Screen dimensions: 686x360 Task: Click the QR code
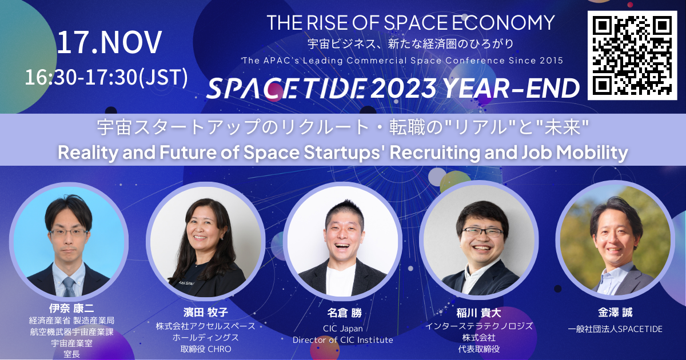pos(632,55)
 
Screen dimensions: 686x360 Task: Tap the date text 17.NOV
pos(109,42)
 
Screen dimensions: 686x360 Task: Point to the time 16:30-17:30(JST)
pos(106,77)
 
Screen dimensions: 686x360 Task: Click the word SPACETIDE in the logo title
pos(286,88)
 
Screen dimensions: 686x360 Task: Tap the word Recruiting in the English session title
pos(435,153)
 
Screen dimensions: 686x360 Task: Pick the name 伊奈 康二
pos(71,308)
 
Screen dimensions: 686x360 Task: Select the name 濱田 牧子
pos(206,312)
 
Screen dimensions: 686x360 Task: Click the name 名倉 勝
pos(344,313)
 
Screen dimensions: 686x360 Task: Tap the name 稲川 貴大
pos(478,313)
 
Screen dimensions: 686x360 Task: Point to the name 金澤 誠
pos(615,312)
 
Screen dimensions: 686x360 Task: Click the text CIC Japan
pos(343,329)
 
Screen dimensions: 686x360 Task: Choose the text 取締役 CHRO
pos(206,349)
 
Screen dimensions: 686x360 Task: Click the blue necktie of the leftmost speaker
pos(69,287)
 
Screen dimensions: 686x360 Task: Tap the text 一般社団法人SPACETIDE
pos(615,329)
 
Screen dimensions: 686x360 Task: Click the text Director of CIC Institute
pos(342,340)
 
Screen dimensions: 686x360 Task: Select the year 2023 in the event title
pos(404,88)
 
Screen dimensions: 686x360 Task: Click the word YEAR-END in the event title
pos(510,88)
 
